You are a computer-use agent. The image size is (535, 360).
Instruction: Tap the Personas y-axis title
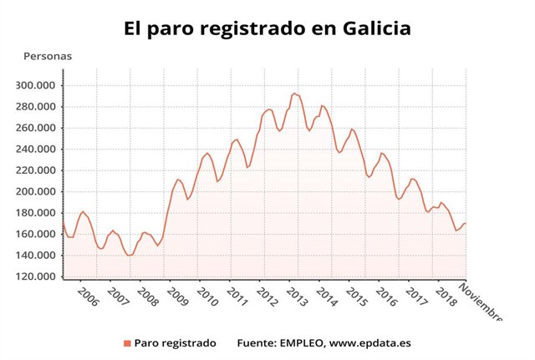click(x=48, y=57)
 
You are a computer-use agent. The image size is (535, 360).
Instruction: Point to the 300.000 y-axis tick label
click(x=37, y=85)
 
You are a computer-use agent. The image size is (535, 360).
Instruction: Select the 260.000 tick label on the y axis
click(x=37, y=128)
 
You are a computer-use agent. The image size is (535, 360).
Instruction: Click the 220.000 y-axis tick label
click(x=37, y=170)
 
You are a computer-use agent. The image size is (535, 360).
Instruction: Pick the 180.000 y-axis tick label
click(x=37, y=213)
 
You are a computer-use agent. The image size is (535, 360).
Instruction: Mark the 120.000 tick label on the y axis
click(x=37, y=276)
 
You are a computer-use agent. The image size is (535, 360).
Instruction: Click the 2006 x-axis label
click(x=87, y=298)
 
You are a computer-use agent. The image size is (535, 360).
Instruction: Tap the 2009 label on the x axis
click(x=176, y=298)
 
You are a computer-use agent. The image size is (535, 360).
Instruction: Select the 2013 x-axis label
click(x=297, y=298)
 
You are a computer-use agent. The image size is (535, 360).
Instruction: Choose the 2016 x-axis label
click(x=386, y=298)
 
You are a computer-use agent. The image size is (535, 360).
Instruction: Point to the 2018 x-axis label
click(x=446, y=298)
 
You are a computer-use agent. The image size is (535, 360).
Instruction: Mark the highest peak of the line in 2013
click(x=293, y=93)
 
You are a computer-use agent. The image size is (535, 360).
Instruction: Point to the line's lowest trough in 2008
click(x=129, y=256)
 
